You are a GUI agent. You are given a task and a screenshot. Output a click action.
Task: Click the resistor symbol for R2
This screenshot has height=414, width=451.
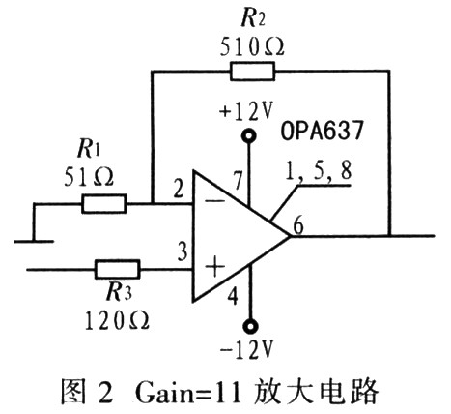(252, 72)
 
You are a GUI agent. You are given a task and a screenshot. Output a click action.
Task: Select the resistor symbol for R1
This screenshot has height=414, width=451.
(103, 204)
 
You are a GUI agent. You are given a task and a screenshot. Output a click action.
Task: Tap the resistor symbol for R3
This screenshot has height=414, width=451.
(118, 269)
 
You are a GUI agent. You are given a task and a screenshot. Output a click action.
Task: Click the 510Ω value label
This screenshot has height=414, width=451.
(252, 47)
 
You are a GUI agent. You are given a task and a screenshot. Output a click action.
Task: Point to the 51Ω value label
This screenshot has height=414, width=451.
(89, 177)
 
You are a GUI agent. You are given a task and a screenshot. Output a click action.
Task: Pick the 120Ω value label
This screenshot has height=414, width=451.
(117, 320)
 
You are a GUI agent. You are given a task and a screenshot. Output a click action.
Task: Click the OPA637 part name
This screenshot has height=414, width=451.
(323, 131)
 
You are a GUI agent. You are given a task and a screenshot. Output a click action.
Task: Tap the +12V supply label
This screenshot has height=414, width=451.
(246, 111)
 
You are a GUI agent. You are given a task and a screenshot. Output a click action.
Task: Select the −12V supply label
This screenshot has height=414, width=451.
(246, 350)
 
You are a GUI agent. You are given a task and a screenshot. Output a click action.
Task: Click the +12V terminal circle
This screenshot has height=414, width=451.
(249, 135)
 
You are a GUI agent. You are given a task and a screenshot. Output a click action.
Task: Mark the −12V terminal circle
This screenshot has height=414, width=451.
(249, 326)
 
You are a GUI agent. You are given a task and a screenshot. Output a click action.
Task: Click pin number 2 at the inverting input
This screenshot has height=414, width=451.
(178, 190)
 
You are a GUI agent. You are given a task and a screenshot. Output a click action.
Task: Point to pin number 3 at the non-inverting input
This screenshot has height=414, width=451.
(183, 251)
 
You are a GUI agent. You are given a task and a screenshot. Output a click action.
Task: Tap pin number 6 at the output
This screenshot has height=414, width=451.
(298, 225)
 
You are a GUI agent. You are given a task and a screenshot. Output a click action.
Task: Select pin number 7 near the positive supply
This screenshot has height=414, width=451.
(238, 181)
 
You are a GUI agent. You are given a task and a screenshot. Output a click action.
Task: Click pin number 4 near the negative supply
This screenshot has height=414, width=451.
(233, 296)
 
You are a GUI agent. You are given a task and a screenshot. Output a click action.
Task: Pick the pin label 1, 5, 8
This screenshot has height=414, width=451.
(318, 170)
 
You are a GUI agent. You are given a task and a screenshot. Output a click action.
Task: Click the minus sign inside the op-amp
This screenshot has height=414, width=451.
(215, 201)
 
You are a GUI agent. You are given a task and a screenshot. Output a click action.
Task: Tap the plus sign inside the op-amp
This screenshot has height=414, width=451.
(214, 266)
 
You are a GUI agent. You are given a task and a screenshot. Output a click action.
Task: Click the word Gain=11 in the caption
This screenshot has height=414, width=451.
(188, 393)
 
